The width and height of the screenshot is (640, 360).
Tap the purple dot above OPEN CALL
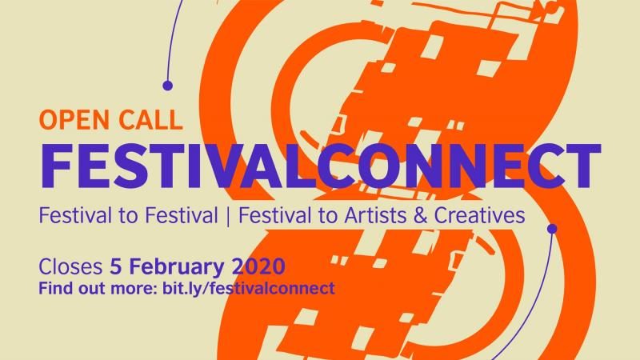click(167, 86)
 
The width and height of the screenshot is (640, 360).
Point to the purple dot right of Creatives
click(552, 229)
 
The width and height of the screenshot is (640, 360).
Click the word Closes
click(70, 266)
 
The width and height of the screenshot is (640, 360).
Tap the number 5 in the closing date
click(116, 266)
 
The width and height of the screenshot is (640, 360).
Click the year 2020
click(258, 267)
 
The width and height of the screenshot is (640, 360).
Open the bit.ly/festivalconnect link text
click(249, 288)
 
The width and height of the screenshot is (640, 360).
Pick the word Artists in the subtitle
click(375, 215)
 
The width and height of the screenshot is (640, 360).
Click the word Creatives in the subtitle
click(479, 215)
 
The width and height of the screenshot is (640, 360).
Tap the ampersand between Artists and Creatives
click(421, 215)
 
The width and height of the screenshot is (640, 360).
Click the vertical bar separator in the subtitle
click(228, 215)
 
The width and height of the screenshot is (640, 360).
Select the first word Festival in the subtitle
click(75, 215)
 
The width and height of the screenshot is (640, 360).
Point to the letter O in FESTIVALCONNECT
click(381, 166)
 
